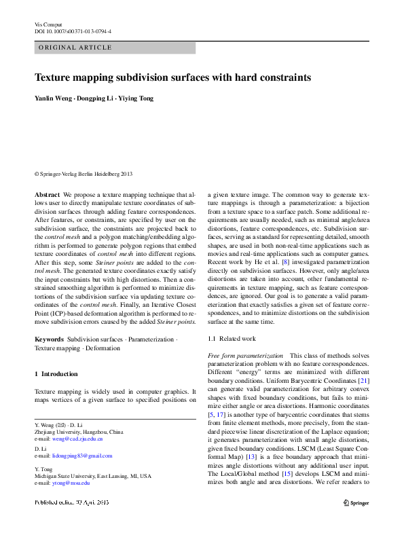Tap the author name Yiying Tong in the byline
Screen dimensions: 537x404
click(136, 98)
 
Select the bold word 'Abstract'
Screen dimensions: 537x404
click(47, 194)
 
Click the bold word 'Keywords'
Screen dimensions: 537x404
click(49, 339)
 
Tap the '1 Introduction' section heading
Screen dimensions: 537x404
click(56, 374)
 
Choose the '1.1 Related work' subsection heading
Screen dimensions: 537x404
click(232, 338)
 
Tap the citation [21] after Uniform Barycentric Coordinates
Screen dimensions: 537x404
click(364, 382)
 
